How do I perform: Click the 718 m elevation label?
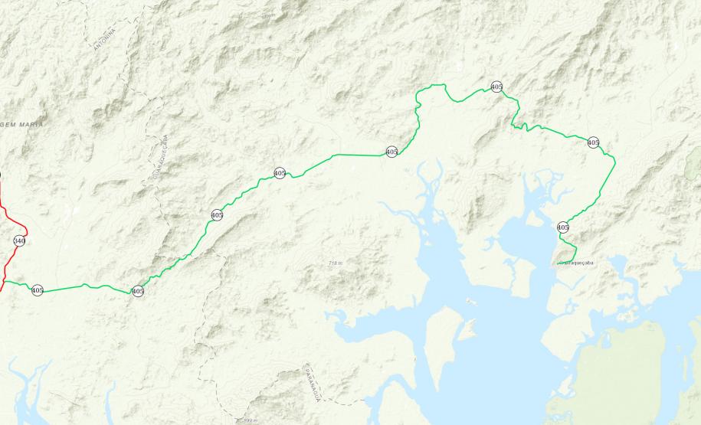point(335,263)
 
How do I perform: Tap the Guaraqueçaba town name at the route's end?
point(575,263)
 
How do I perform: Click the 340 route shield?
point(19,241)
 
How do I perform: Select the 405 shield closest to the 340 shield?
point(38,290)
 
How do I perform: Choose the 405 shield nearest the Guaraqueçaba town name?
point(563,227)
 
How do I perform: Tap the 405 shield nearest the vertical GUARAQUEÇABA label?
point(217,215)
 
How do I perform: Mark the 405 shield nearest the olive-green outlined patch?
point(593,142)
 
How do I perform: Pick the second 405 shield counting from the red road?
point(138,291)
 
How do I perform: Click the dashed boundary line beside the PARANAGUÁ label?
point(305,375)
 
